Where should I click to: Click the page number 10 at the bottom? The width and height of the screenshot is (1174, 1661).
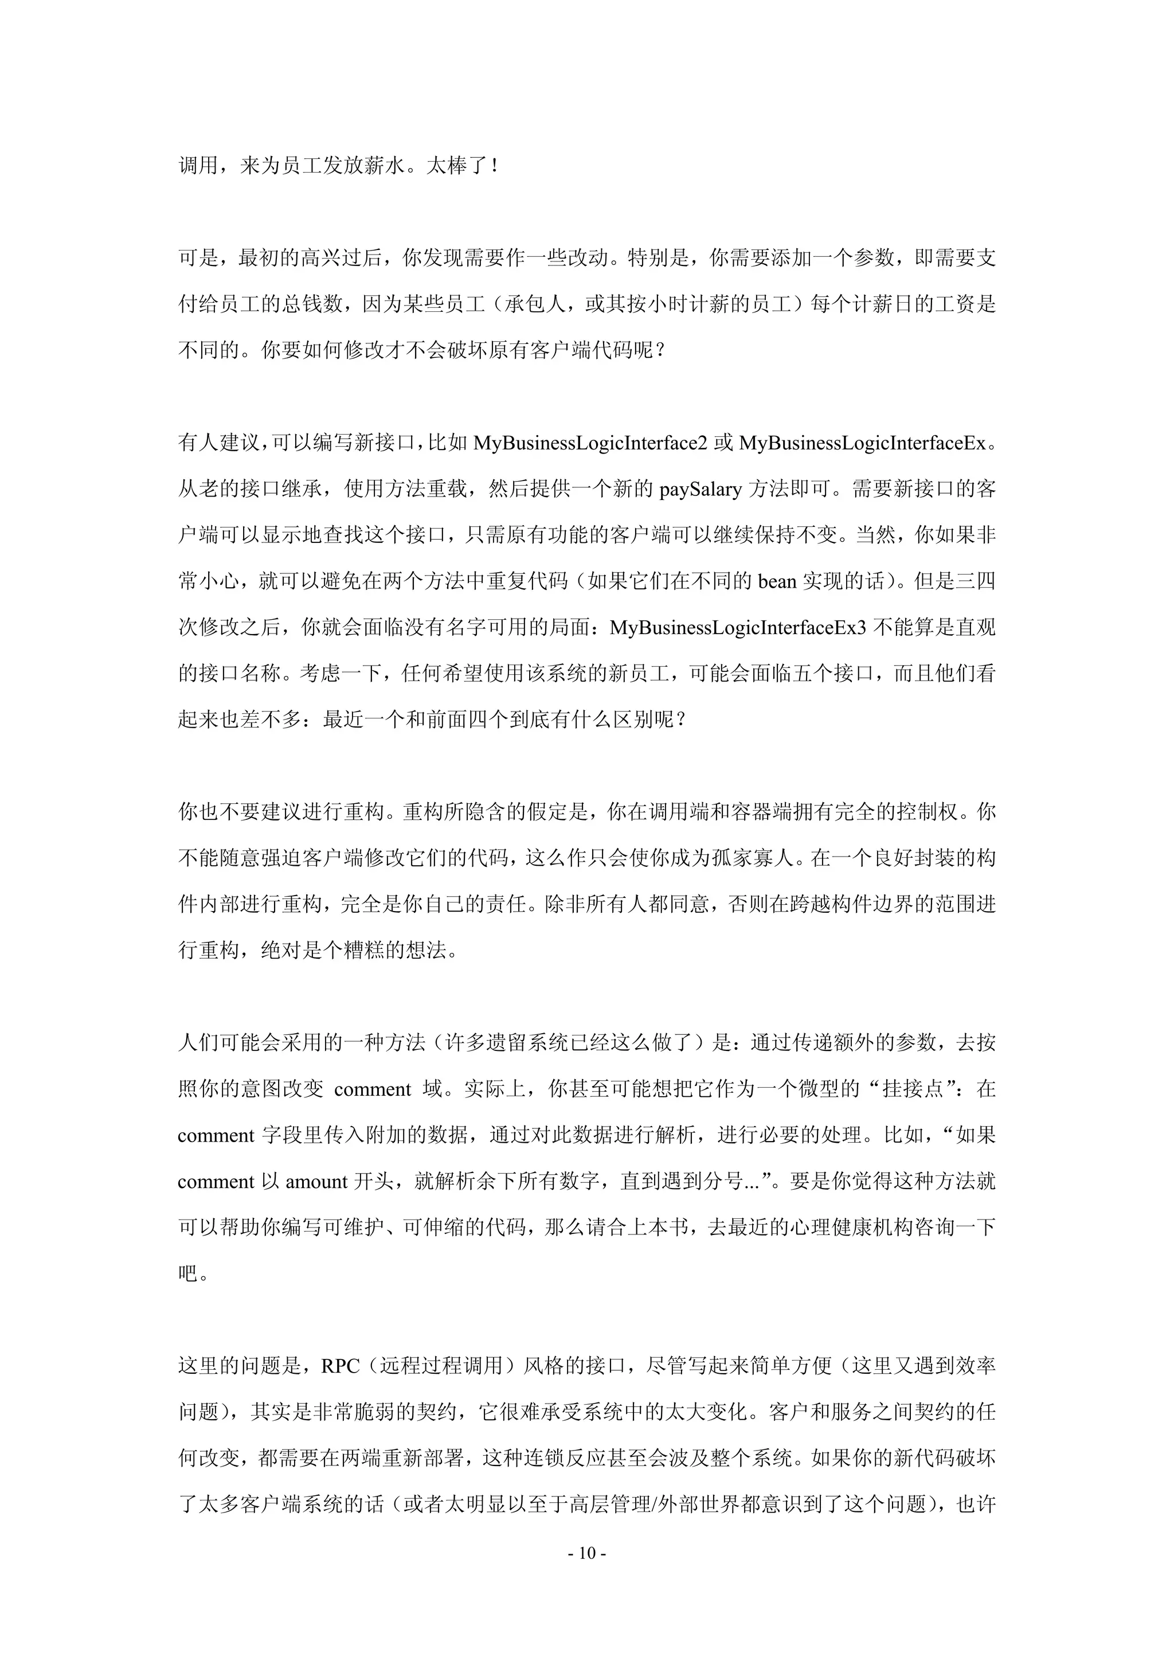(586, 1553)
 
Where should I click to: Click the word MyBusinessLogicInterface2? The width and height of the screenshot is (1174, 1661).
(589, 443)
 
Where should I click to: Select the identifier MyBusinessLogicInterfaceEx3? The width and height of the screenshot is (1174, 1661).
(737, 627)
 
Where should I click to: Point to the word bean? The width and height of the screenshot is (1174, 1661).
(777, 581)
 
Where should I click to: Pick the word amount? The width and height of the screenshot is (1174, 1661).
(317, 1181)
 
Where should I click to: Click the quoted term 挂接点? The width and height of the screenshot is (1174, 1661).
(914, 1089)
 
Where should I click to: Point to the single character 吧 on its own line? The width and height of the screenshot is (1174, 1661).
(188, 1273)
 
